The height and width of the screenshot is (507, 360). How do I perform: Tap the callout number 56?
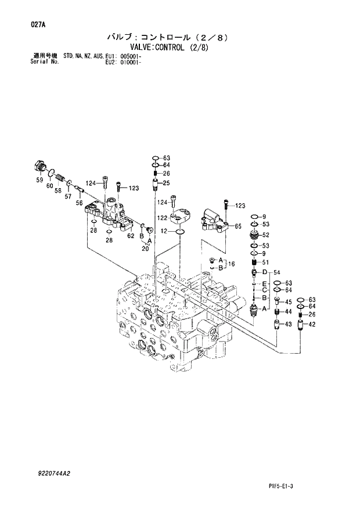79,202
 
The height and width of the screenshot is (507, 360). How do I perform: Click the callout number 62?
131,236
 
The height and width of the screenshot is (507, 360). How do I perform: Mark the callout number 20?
146,249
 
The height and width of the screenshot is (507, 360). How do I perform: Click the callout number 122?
162,218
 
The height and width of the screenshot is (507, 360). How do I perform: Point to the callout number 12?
164,232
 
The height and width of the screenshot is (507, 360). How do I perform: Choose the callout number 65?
237,226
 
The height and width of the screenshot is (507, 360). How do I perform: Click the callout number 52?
265,235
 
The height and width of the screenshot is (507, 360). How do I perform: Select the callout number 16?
231,264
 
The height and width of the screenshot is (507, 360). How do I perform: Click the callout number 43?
287,323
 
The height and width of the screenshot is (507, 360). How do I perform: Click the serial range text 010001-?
133,61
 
